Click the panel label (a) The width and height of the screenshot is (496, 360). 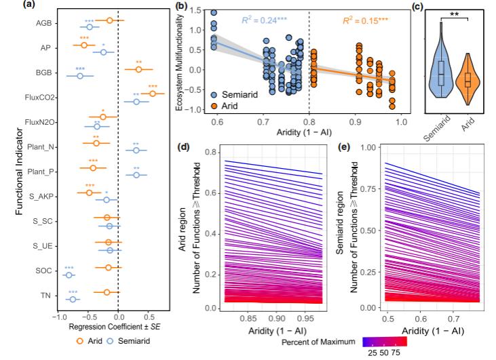tap(11, 6)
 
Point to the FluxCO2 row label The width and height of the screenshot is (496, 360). tap(41, 98)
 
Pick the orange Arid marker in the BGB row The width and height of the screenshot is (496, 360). tap(138, 69)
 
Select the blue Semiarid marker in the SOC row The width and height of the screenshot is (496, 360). tap(68, 275)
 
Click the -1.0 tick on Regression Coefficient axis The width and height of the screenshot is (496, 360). tap(59, 317)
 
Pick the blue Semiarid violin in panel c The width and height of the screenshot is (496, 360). tap(440, 67)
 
